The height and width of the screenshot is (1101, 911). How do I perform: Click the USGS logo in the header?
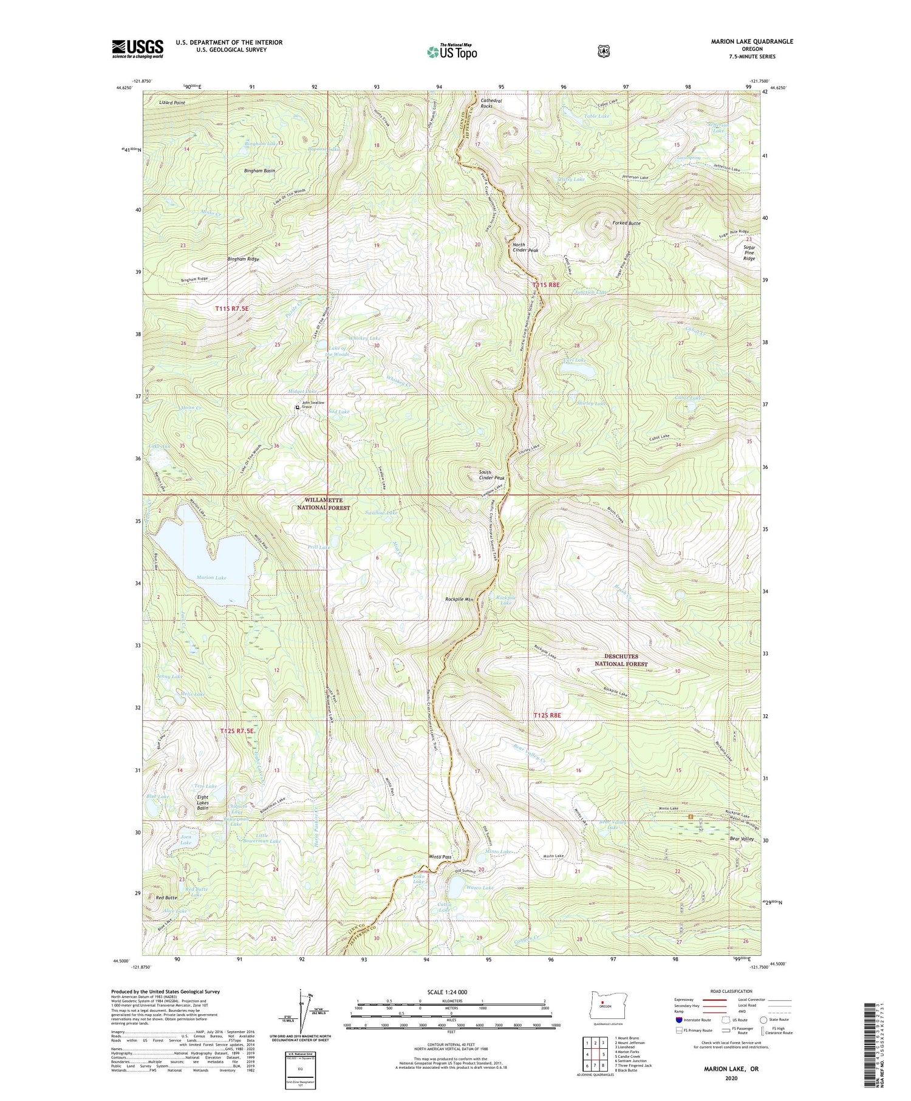[137, 48]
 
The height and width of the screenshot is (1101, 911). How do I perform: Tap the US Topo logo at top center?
[452, 52]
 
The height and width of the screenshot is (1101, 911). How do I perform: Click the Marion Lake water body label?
[211, 578]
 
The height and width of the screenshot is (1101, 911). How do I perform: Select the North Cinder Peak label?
[525, 247]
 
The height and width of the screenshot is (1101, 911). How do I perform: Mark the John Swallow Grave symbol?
[297, 407]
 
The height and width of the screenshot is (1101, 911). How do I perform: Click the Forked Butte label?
[626, 223]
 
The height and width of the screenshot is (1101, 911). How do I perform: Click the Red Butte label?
[166, 898]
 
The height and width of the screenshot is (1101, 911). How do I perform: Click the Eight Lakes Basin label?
[203, 803]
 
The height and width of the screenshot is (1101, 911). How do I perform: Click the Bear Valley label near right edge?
[741, 839]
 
